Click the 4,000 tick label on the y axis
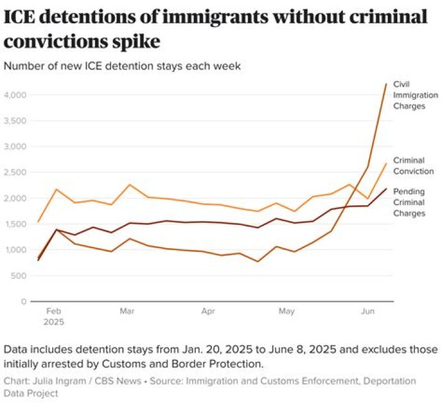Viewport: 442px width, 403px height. click(15, 95)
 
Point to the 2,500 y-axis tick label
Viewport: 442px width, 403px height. click(15, 172)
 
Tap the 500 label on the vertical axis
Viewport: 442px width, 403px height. click(18, 276)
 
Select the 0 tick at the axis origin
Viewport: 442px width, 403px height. click(24, 302)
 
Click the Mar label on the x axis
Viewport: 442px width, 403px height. click(127, 311)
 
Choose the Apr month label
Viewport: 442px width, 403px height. click(208, 311)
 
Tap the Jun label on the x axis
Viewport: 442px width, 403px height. click(368, 311)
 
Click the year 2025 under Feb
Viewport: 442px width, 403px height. click(53, 322)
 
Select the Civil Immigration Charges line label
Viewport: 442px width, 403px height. click(416, 95)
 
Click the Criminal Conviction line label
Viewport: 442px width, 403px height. click(413, 166)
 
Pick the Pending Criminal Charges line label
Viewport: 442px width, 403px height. click(409, 203)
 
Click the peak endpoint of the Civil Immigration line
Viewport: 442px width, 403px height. click(386, 84)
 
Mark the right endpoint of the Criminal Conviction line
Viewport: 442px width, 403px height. click(386, 163)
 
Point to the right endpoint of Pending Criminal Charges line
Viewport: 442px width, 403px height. click(386, 189)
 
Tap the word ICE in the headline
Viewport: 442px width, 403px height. click(20, 17)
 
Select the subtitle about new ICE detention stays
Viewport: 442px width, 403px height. click(122, 66)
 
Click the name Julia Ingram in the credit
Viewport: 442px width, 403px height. click(60, 381)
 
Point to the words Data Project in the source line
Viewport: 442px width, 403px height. click(31, 393)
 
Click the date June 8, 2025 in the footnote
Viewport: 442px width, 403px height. click(302, 350)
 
